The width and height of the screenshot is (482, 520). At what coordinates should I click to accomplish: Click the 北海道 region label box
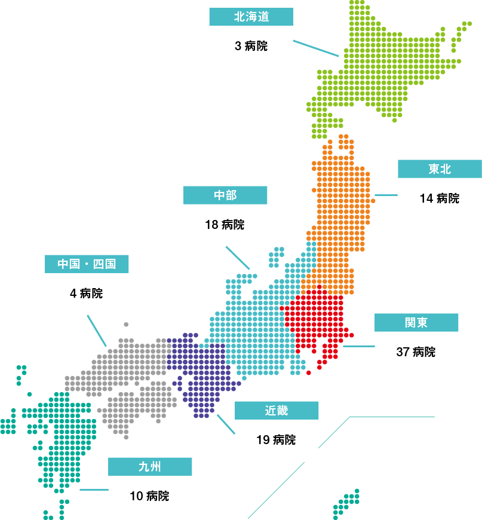[x=251, y=17]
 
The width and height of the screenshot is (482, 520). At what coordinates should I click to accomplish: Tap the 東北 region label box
[x=440, y=169]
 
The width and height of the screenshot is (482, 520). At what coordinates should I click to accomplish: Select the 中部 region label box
[x=225, y=195]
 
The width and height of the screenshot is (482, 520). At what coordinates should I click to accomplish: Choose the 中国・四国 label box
[x=87, y=264]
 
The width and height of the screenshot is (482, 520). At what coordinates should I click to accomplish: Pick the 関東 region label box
[x=416, y=323]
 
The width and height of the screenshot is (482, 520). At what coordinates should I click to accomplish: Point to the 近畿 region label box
[x=276, y=411]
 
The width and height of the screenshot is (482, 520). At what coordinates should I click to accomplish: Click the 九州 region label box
[x=150, y=466]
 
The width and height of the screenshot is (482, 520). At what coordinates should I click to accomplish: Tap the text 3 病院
[x=251, y=46]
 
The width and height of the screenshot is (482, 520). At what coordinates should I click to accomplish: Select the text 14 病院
[x=440, y=198]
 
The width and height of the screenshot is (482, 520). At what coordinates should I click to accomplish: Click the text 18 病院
[x=225, y=225]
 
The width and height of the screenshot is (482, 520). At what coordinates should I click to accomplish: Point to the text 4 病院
[x=87, y=293]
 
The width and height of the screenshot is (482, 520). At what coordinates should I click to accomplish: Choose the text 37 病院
[x=416, y=352]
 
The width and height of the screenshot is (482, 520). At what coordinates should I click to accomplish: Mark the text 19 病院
[x=276, y=441]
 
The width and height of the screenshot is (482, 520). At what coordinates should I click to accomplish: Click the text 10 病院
[x=149, y=496]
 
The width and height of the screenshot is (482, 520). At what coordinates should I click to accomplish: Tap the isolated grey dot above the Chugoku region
[x=126, y=325]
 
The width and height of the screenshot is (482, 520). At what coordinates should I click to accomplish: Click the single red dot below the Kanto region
[x=308, y=373]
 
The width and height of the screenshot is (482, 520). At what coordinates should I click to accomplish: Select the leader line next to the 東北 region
[x=386, y=195]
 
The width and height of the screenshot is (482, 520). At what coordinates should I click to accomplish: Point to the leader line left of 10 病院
[x=94, y=490]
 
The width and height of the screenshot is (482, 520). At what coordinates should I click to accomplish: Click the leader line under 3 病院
[x=316, y=48]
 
